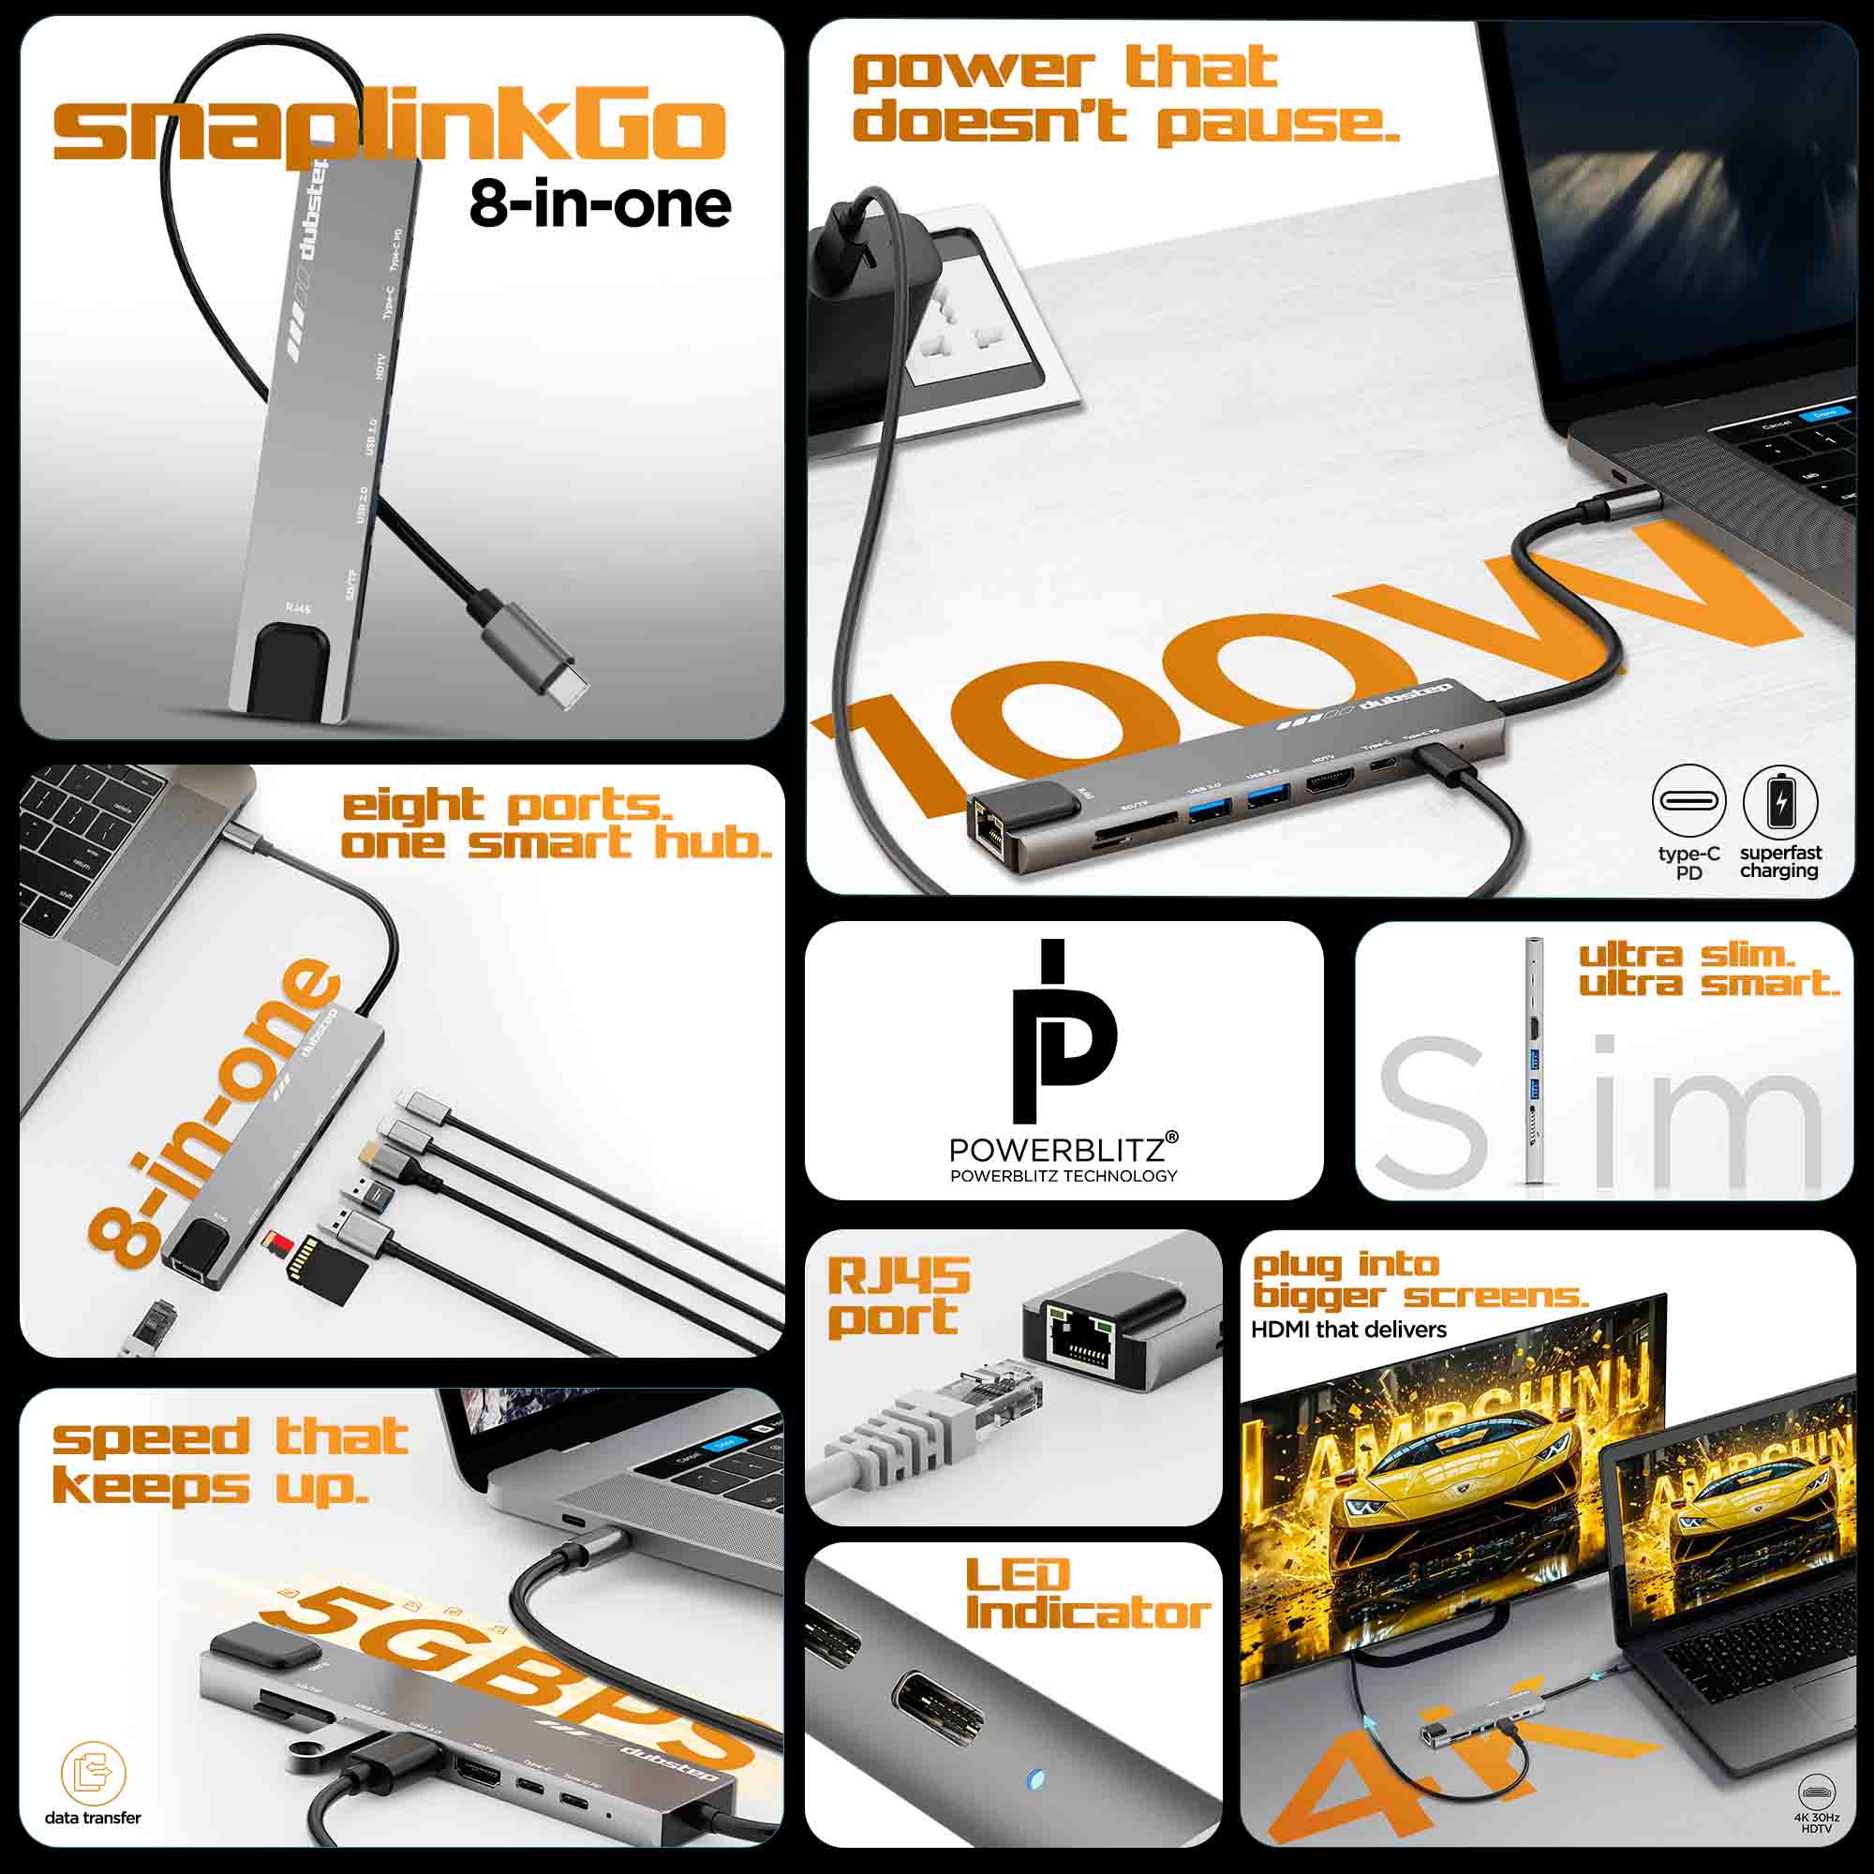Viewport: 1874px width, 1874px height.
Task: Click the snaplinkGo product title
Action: click(x=388, y=129)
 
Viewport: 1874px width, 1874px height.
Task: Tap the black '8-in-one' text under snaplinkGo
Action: click(x=600, y=204)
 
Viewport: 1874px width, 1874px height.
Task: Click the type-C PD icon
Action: click(x=1688, y=802)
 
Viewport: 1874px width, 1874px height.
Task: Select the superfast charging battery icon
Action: click(x=1779, y=802)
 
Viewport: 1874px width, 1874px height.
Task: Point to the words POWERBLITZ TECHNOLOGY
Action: click(x=1063, y=1177)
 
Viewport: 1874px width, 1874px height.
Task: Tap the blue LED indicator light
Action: click(x=1035, y=1780)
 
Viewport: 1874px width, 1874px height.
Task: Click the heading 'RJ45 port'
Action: click(x=898, y=1297)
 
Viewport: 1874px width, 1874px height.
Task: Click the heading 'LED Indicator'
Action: click(x=1087, y=1596)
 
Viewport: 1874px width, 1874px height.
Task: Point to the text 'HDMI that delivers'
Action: click(x=1348, y=1330)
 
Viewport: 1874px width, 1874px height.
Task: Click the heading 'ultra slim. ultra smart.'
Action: click(x=1709, y=969)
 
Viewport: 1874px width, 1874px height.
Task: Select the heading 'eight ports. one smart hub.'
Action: click(x=555, y=825)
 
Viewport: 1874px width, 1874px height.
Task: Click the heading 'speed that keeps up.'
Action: click(x=230, y=1461)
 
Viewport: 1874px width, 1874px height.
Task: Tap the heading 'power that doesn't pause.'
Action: click(x=1125, y=95)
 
